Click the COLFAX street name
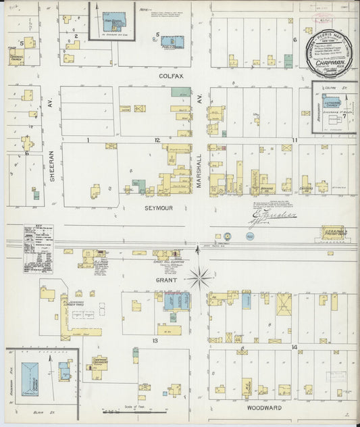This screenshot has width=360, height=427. pyautogui.click(x=171, y=76)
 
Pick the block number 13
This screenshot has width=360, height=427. pyautogui.click(x=155, y=341)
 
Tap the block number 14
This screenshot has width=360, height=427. pyautogui.click(x=294, y=347)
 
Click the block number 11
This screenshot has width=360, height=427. pyautogui.click(x=294, y=140)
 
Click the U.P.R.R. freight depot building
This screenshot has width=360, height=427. pyautogui.click(x=332, y=233)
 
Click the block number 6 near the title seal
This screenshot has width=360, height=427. pyautogui.click(x=294, y=39)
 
